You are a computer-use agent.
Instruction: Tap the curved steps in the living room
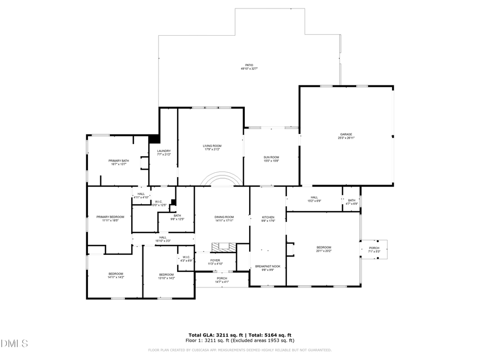pos(220,179)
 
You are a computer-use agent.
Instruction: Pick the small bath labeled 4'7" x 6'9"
pos(351,202)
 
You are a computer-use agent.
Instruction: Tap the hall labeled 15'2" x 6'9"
pos(314,198)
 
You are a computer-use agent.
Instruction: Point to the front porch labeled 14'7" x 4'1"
pos(221,280)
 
